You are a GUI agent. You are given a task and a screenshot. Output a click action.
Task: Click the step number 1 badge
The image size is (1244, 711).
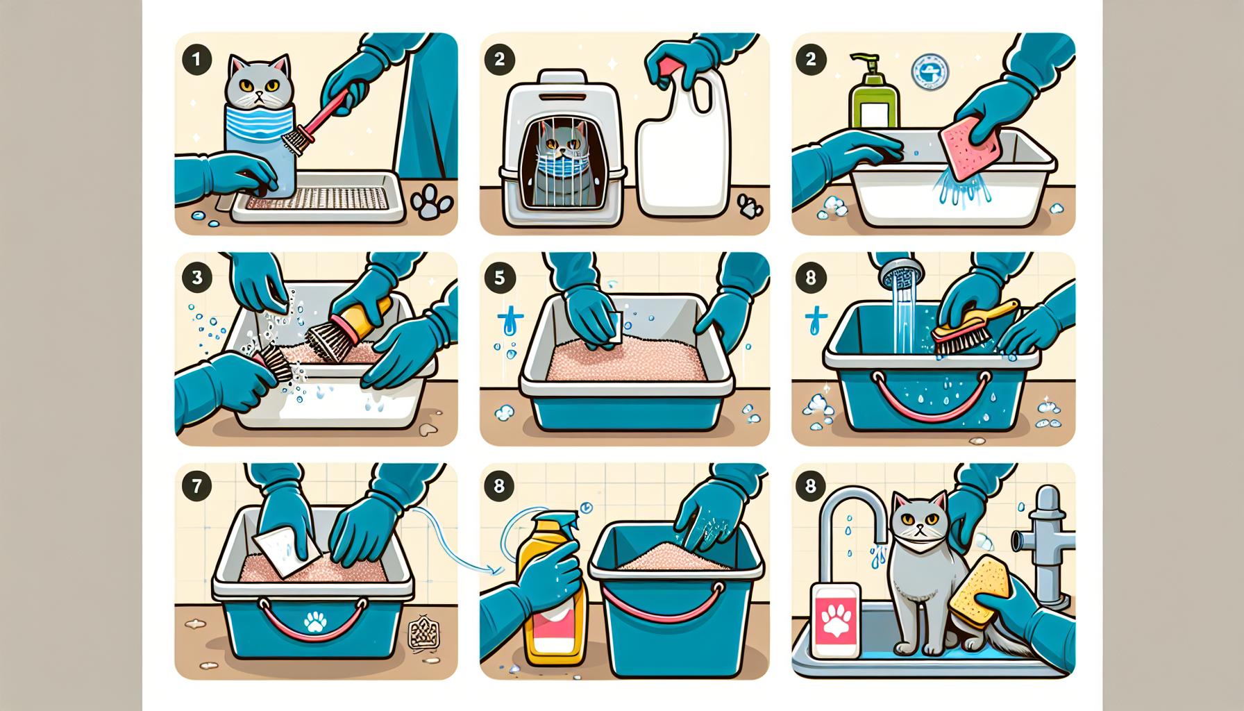[196, 60]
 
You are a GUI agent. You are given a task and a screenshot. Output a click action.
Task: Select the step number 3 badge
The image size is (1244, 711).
[196, 278]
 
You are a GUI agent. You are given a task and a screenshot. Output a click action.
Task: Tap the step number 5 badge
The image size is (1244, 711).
[501, 278]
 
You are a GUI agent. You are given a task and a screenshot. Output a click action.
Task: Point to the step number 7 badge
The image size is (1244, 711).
[196, 485]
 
